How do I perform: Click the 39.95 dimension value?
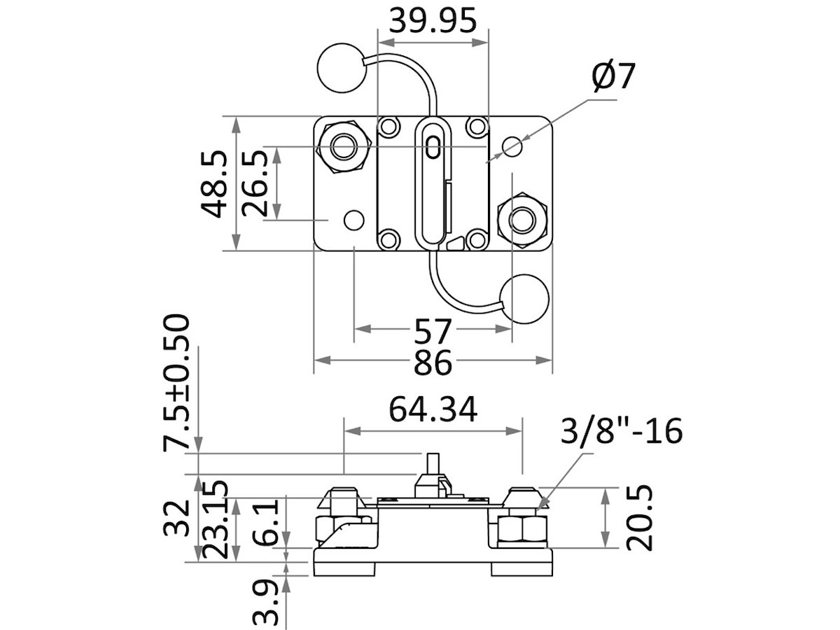coord(433,21)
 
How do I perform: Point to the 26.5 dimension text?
coord(255,183)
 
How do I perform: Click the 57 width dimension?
coord(433,329)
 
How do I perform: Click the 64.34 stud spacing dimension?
coord(433,410)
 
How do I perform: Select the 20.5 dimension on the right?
coord(638,519)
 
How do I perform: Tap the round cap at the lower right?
coord(526,299)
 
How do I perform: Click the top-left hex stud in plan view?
coord(343,146)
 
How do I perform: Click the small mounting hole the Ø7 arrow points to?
coord(512,147)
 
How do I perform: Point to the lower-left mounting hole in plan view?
coord(354,220)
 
